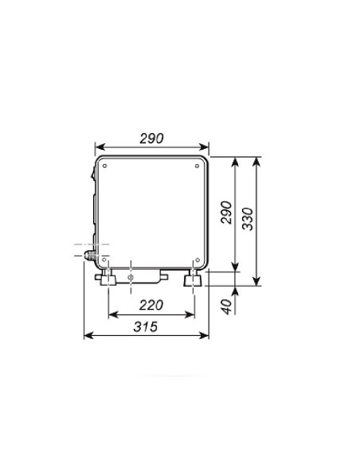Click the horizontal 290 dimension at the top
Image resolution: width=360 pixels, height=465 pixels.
[151, 138]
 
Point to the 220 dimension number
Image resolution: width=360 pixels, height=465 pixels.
[151, 304]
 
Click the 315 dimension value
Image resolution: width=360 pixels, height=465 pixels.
[145, 326]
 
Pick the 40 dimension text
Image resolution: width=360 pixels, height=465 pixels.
[226, 306]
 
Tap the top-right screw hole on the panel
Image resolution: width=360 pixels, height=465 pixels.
[198, 167]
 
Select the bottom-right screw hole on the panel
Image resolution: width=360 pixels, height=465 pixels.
[198, 256]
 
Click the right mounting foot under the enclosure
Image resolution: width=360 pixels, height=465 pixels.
[192, 280]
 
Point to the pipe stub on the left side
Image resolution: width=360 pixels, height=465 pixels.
[87, 256]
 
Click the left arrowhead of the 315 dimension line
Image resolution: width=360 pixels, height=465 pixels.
[87, 336]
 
